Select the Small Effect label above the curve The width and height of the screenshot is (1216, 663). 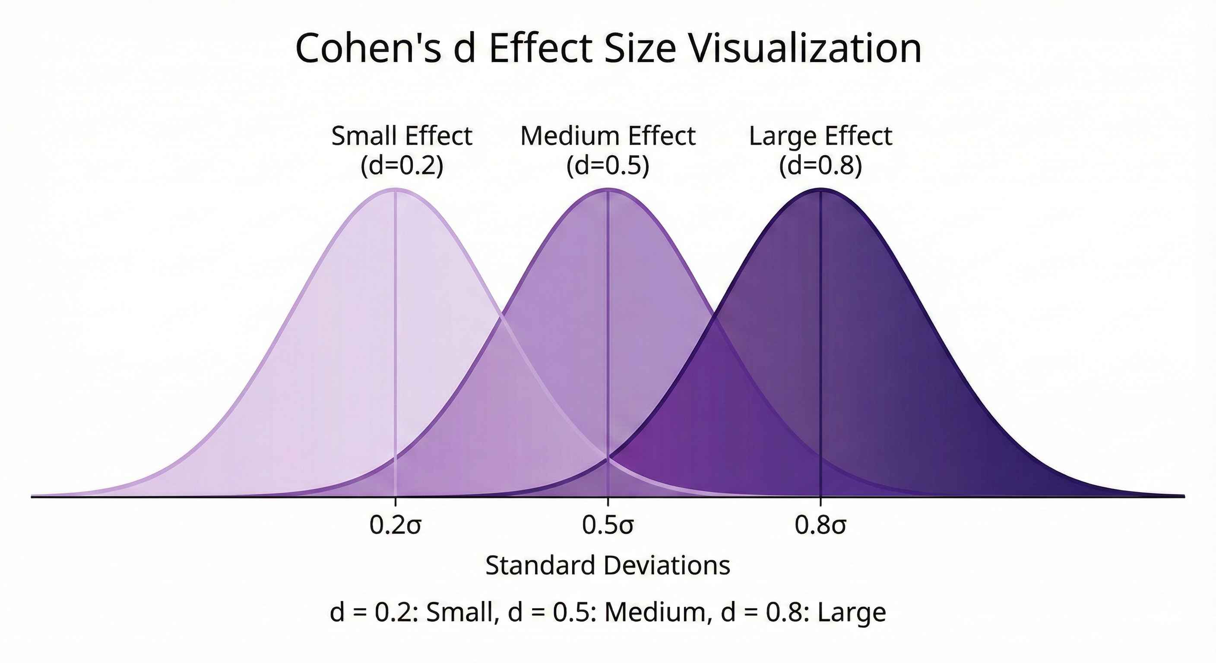pyautogui.click(x=402, y=136)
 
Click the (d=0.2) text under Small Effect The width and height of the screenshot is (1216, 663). pyautogui.click(x=402, y=166)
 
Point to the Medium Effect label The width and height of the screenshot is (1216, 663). pyautogui.click(x=608, y=136)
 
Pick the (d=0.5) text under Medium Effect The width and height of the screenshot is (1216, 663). pyautogui.click(x=608, y=166)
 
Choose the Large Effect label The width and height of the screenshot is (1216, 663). pyautogui.click(x=820, y=136)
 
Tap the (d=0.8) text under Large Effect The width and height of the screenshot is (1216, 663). pyautogui.click(x=820, y=166)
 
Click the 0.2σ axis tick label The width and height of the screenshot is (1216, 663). pyautogui.click(x=395, y=525)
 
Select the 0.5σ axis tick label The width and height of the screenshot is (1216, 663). pyautogui.click(x=608, y=525)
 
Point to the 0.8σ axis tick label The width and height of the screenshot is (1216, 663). pyautogui.click(x=820, y=525)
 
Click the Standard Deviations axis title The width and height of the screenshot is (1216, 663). pyautogui.click(x=608, y=565)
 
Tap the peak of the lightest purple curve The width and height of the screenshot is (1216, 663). pyautogui.click(x=395, y=189)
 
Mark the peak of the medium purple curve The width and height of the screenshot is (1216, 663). pyautogui.click(x=608, y=189)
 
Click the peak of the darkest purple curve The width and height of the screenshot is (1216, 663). pyautogui.click(x=820, y=189)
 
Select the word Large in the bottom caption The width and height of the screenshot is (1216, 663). pyautogui.click(x=852, y=612)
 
